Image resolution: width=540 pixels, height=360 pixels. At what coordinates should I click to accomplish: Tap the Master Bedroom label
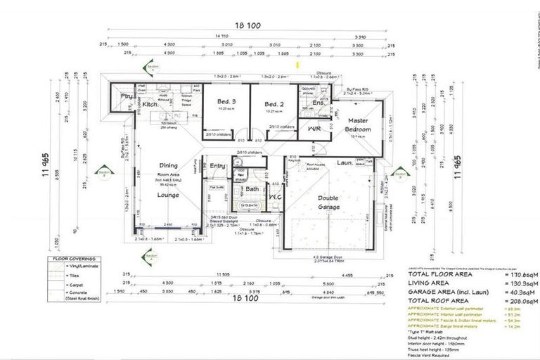tap(358, 125)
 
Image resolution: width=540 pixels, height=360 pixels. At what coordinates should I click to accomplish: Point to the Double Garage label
tap(328, 202)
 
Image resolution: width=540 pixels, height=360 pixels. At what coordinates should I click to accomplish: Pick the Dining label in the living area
tap(167, 165)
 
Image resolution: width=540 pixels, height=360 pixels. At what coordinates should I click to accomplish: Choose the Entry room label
tap(217, 166)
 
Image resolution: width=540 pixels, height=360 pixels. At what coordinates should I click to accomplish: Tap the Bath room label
tap(251, 188)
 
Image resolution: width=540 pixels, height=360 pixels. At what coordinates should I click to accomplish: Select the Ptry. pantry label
tap(127, 97)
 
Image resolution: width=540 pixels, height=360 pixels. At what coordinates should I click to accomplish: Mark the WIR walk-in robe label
tap(313, 129)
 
